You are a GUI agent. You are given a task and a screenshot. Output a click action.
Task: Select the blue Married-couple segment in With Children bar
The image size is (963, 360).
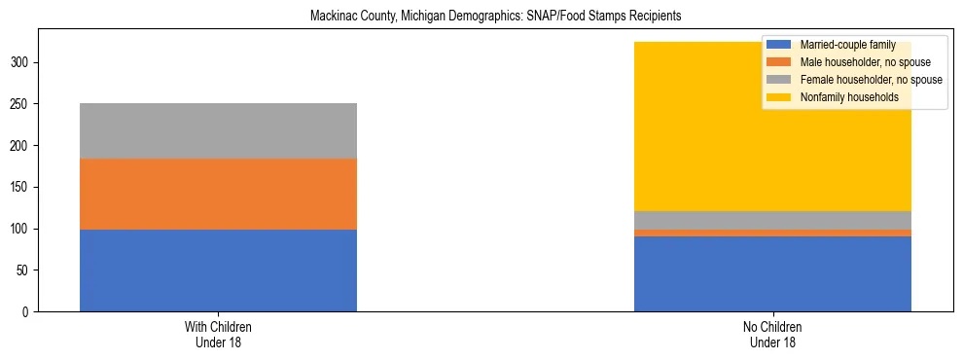tap(218, 270)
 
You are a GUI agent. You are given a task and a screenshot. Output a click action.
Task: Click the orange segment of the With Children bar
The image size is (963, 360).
tap(218, 194)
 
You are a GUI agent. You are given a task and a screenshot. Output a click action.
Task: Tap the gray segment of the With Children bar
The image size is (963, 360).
tap(218, 130)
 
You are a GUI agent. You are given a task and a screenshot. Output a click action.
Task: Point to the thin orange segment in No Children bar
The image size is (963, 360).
tap(772, 233)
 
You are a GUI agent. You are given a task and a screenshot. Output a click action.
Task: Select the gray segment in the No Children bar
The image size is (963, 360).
tap(772, 220)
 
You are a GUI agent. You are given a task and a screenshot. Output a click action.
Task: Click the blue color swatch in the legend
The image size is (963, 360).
tap(779, 45)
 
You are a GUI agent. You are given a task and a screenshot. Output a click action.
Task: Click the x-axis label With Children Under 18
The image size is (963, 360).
tap(218, 335)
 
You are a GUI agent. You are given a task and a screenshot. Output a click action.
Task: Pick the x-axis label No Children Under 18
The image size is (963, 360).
tap(772, 335)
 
